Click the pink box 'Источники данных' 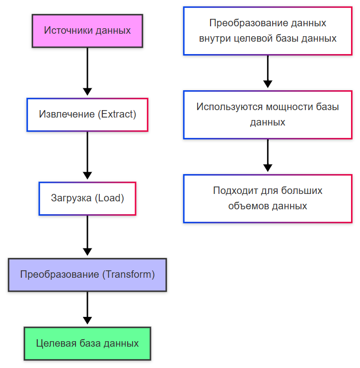pos(87,31)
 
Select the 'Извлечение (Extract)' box pos(87,115)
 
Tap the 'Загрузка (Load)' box pos(87,198)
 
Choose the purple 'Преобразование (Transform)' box pos(87,275)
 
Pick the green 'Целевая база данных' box pos(87,344)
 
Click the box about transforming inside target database pos(268,31)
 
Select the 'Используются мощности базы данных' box pos(268,115)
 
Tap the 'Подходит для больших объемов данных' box pos(268,198)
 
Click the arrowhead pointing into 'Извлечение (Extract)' pos(87,92)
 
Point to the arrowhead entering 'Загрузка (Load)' pos(87,176)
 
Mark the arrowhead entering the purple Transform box pos(87,252)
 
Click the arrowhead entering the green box pos(87,321)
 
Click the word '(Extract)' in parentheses pos(117,115)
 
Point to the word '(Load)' pos(109,198)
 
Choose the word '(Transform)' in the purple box pos(129,275)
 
